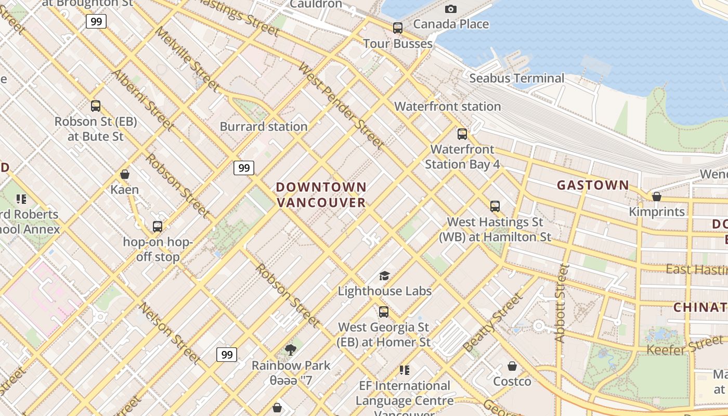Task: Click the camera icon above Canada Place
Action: pyautogui.click(x=451, y=9)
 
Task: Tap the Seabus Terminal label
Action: pyautogui.click(x=516, y=79)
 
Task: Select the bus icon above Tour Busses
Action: pyautogui.click(x=398, y=28)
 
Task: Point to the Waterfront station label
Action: pyautogui.click(x=447, y=107)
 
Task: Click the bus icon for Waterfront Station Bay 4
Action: pyautogui.click(x=462, y=134)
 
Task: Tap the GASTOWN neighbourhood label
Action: pyautogui.click(x=593, y=185)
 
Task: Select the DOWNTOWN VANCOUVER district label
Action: pyautogui.click(x=321, y=194)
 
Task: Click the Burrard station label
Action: pyautogui.click(x=264, y=126)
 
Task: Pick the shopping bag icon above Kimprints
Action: pyautogui.click(x=657, y=197)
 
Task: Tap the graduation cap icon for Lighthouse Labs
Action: pyautogui.click(x=384, y=276)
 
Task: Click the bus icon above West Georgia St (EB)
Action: pyautogui.click(x=384, y=312)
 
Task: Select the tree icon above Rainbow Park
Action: pyautogui.click(x=291, y=350)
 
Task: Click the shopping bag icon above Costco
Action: pyautogui.click(x=512, y=366)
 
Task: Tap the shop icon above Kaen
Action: pyautogui.click(x=125, y=174)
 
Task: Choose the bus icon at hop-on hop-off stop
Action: pyautogui.click(x=158, y=227)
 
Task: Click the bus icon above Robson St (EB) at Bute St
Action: pyautogui.click(x=96, y=106)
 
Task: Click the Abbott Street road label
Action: pyautogui.click(x=561, y=303)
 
